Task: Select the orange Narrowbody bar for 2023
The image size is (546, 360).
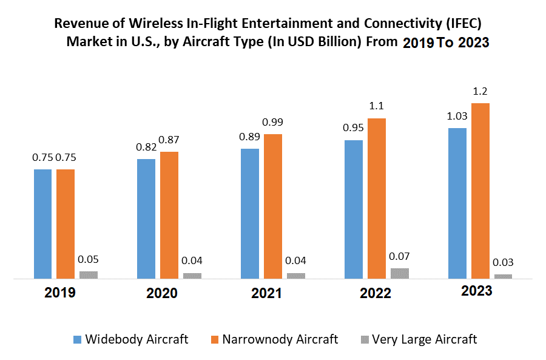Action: click(480, 191)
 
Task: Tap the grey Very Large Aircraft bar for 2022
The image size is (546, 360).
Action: click(400, 273)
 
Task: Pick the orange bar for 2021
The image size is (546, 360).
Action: click(273, 206)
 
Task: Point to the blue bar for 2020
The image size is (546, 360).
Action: click(146, 219)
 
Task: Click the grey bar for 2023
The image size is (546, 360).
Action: click(503, 276)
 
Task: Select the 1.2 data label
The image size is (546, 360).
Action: click(480, 92)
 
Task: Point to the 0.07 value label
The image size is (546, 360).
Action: click(400, 256)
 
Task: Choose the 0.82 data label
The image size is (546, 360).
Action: click(146, 147)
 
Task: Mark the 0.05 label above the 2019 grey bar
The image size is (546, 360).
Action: click(88, 259)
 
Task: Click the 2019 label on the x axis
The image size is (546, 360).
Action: click(60, 293)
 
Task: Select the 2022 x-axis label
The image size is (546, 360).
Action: click(376, 293)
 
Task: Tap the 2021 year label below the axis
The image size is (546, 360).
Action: click(266, 293)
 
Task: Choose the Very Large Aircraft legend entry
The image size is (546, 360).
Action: click(424, 339)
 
